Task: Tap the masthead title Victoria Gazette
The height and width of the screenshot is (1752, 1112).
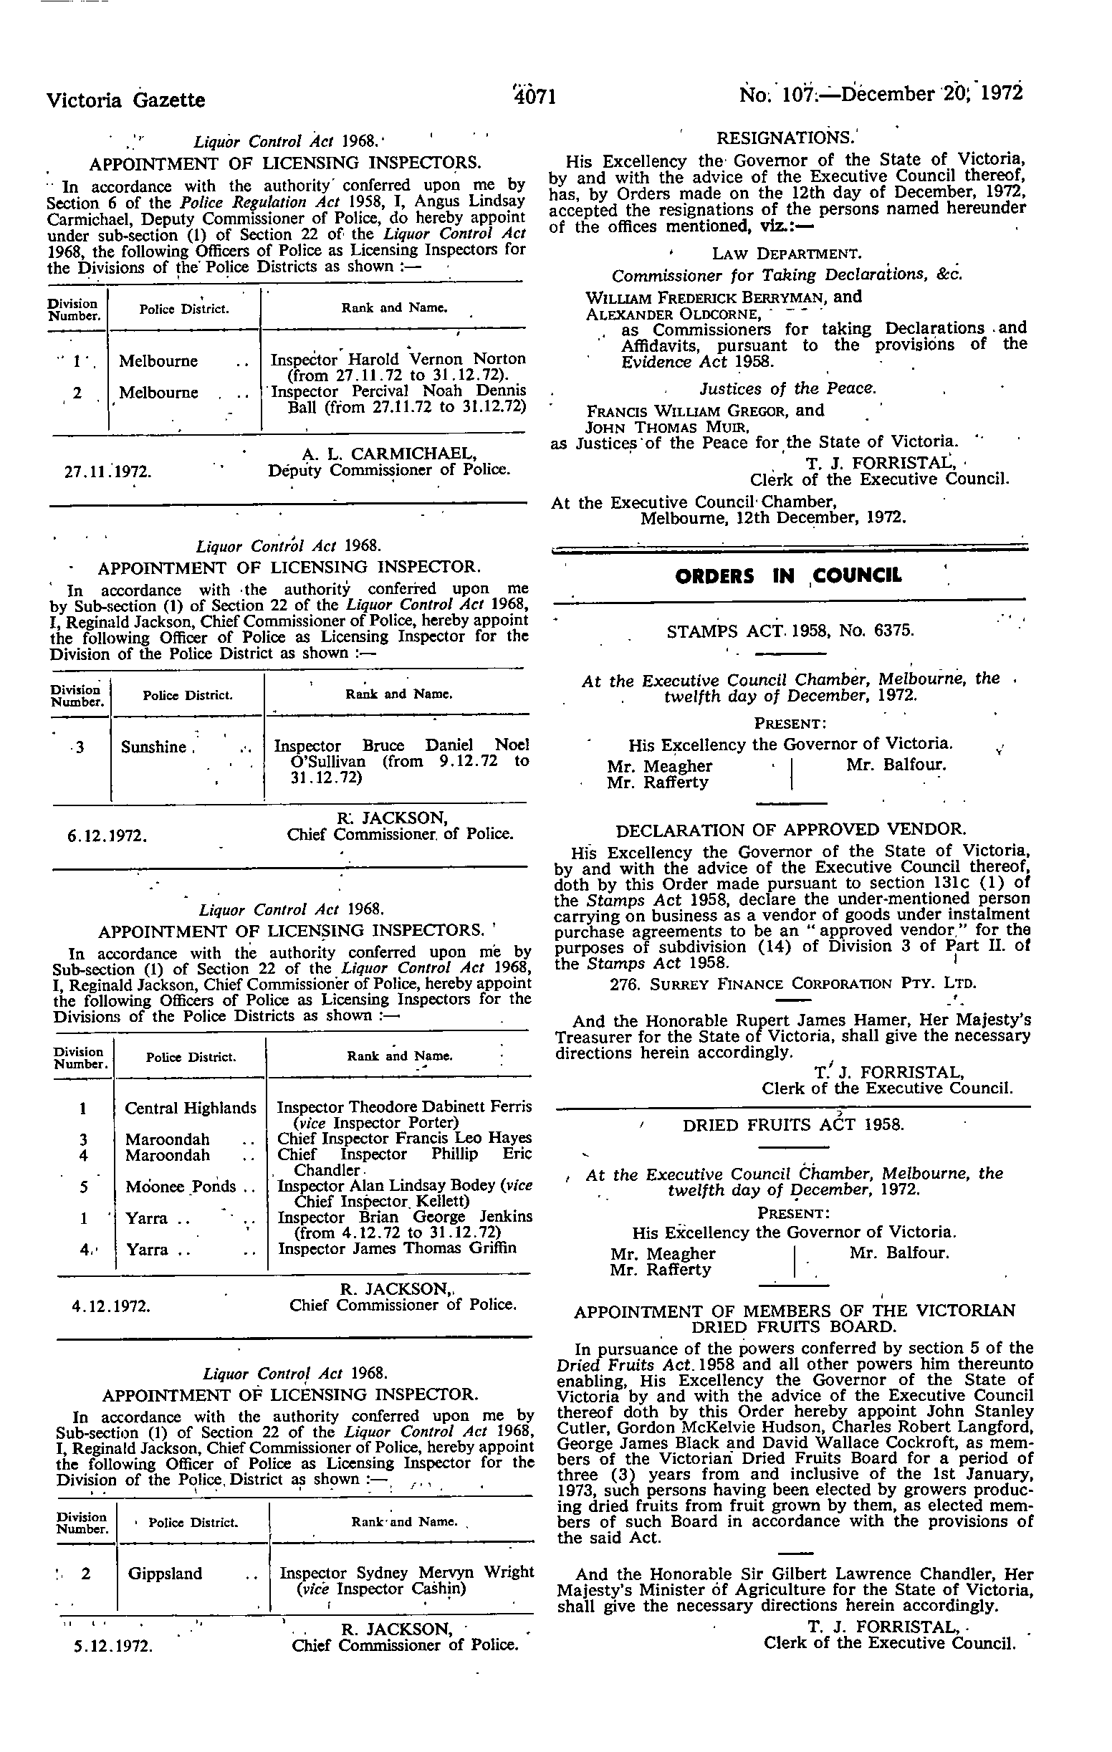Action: [125, 100]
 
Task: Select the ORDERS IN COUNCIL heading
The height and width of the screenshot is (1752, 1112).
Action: [788, 576]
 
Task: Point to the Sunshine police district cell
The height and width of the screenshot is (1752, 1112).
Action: [154, 747]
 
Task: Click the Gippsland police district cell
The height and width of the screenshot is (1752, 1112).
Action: [164, 1574]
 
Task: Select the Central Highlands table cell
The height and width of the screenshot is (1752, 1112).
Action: [191, 1108]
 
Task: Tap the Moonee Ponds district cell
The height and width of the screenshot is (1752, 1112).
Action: [181, 1187]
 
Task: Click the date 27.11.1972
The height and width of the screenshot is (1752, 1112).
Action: [108, 471]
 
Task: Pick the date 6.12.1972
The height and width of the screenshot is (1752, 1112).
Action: [107, 836]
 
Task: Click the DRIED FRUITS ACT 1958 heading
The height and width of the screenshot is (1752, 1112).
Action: [792, 1125]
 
